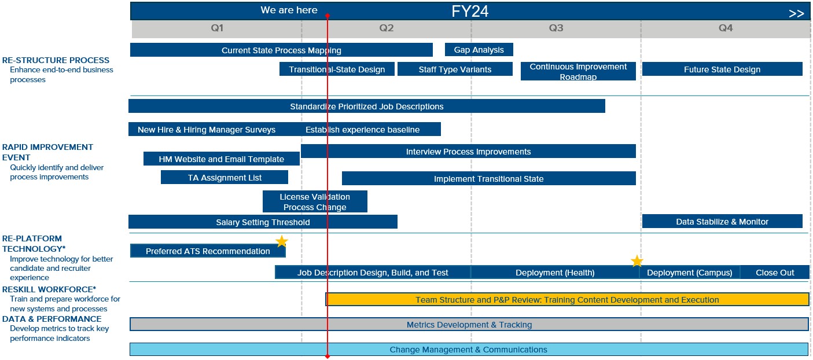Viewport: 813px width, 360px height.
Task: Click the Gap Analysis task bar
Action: (x=479, y=50)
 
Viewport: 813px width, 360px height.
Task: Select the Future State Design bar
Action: (x=722, y=69)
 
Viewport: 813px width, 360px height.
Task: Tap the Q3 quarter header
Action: (x=556, y=28)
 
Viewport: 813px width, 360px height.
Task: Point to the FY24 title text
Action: (x=470, y=12)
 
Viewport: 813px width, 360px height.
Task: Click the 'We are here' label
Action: (x=289, y=10)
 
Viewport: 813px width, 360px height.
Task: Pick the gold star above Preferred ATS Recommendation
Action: (x=281, y=241)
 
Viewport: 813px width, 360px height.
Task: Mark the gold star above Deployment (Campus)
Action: (x=637, y=261)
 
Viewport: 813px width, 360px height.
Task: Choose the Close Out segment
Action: (x=774, y=273)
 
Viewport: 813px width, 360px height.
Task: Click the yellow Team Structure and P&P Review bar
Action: (x=567, y=300)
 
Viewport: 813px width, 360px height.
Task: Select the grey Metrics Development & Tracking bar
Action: (x=469, y=325)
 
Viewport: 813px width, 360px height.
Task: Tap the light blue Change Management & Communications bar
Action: (x=468, y=350)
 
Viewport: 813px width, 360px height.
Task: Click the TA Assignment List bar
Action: (x=225, y=178)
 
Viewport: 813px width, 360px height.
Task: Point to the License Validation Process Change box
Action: (x=315, y=201)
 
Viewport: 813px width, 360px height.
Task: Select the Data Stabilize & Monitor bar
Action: (x=722, y=222)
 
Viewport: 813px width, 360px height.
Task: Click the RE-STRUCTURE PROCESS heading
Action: (x=56, y=60)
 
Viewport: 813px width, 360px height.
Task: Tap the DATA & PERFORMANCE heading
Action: (x=51, y=319)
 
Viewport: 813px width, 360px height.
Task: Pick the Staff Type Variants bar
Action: (x=455, y=69)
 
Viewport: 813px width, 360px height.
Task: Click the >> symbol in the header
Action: (x=796, y=13)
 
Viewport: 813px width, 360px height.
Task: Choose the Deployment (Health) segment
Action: (x=554, y=273)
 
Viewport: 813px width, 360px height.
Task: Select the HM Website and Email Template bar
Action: (x=221, y=159)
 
